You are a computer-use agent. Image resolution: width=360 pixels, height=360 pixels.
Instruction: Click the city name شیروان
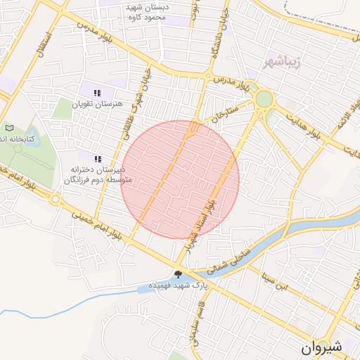click(x=324, y=347)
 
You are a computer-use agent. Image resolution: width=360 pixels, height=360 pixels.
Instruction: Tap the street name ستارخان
click(x=233, y=112)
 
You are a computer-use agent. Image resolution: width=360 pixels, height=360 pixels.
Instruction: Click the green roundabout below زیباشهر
click(x=264, y=99)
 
